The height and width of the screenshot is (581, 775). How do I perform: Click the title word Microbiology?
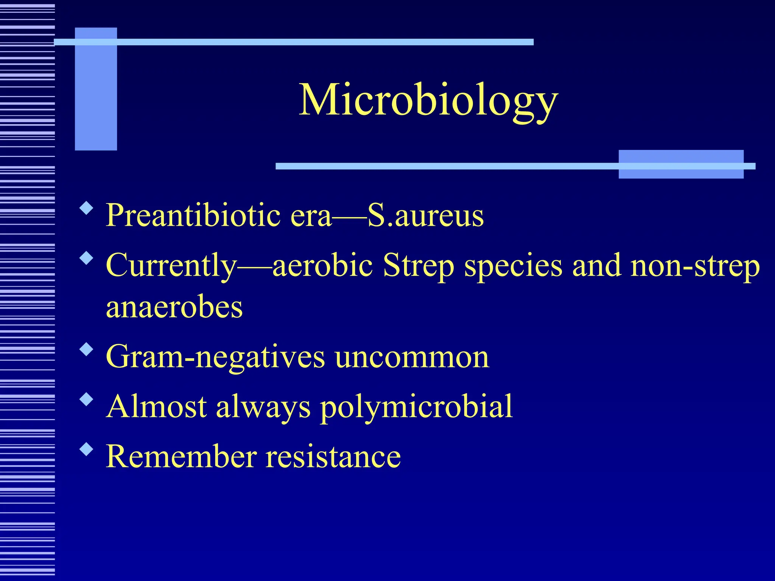click(428, 100)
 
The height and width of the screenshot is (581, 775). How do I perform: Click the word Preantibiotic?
click(193, 216)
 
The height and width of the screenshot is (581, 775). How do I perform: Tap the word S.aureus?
click(426, 216)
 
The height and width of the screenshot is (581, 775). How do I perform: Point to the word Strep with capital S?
click(419, 266)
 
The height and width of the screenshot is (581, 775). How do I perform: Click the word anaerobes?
click(174, 307)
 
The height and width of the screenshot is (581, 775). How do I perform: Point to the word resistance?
click(333, 457)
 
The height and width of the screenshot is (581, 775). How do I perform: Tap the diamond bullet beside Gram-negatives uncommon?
click(87, 349)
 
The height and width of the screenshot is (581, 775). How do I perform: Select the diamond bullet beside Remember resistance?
click(87, 449)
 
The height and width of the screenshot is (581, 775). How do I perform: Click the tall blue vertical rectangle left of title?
click(96, 89)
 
